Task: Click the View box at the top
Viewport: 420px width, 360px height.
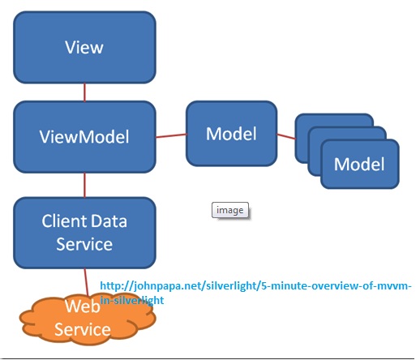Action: tap(84, 47)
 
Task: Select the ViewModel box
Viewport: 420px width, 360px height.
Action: tap(84, 137)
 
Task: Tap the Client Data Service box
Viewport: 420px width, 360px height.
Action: tap(84, 233)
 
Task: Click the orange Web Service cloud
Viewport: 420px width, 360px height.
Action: tap(88, 319)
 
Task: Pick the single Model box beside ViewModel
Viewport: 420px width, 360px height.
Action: tap(232, 134)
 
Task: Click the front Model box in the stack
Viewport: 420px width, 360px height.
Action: tap(360, 164)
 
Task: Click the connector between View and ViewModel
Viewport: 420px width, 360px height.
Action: tap(84, 92)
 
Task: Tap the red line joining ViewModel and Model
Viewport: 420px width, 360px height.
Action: tap(171, 135)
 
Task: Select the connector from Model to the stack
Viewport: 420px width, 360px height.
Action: tap(286, 136)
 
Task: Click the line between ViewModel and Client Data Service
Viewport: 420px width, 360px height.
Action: tap(84, 185)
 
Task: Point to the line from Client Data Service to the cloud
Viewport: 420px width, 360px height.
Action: tap(86, 282)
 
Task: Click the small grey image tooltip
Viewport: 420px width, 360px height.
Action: tap(230, 210)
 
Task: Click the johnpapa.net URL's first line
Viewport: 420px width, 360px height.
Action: tap(255, 285)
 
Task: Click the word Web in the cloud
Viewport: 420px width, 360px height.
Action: tap(82, 306)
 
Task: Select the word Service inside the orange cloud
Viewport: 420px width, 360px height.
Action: tap(83, 329)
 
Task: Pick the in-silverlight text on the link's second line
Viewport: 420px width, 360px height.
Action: tap(132, 300)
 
